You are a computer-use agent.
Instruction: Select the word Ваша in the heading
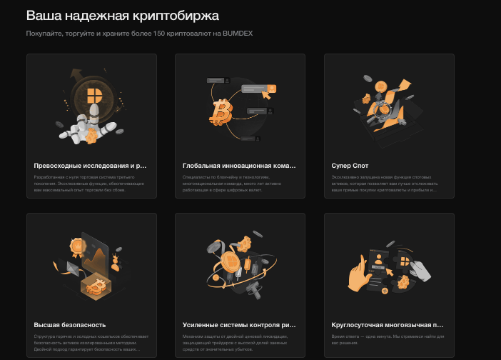[44, 14]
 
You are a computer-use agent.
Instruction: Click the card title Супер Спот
[349, 165]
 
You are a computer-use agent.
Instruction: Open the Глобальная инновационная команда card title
[238, 165]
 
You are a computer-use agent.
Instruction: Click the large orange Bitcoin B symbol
[220, 111]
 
